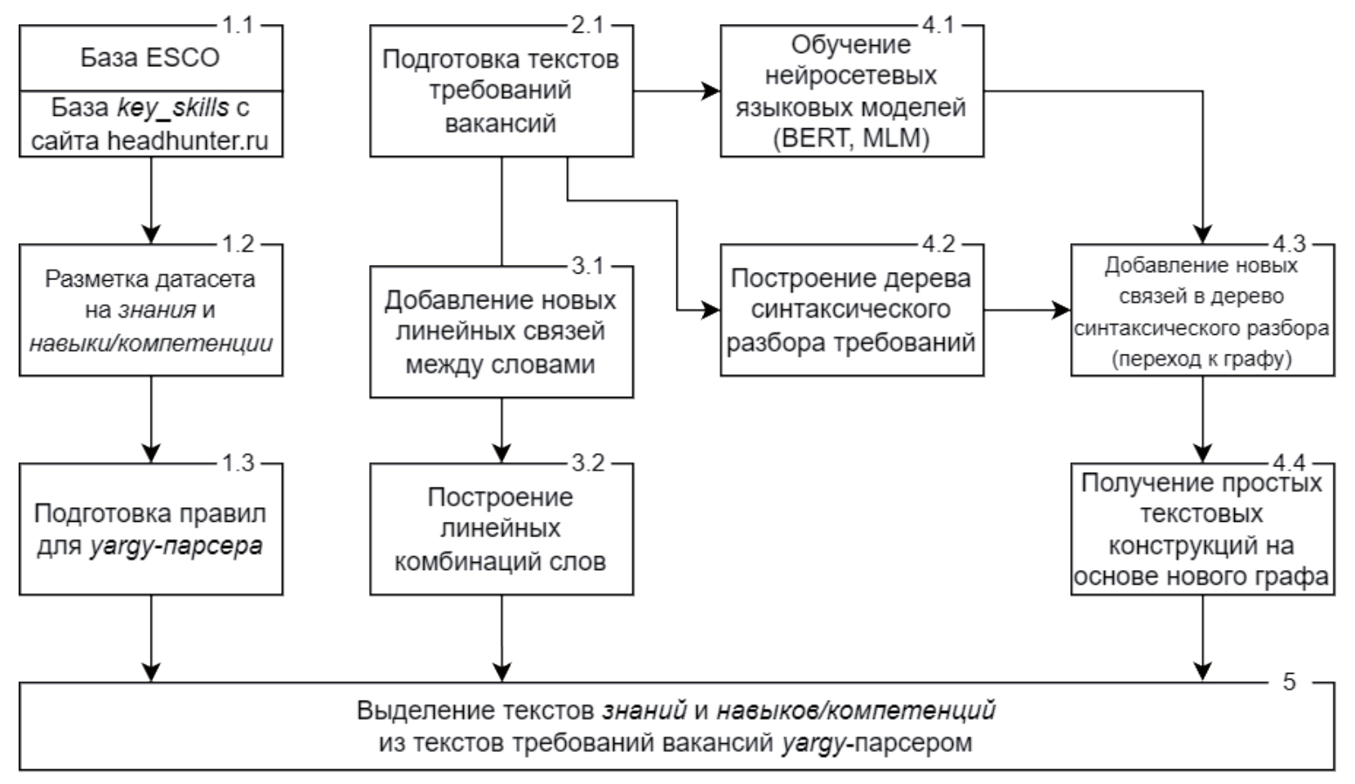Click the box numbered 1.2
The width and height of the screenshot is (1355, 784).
[151, 310]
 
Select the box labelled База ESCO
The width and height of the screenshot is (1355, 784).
[151, 58]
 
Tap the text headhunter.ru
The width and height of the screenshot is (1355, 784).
[188, 140]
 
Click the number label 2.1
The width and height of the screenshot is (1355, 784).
[587, 25]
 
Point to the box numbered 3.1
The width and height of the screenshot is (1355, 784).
[501, 332]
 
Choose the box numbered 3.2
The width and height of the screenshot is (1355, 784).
[501, 529]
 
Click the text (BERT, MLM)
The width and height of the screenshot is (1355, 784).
[851, 138]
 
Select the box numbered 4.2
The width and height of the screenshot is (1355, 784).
[851, 310]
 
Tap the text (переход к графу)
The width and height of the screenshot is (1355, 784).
[1201, 359]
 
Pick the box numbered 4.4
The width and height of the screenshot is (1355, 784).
[1201, 529]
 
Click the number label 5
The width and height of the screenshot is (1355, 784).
[1289, 682]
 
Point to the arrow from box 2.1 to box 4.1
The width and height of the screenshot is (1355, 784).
[676, 91]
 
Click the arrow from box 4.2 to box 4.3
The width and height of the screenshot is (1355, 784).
[1027, 310]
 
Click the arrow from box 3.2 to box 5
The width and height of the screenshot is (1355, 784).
[501, 638]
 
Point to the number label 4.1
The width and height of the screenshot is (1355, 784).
[938, 25]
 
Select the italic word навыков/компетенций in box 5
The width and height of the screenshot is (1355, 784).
[856, 710]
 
